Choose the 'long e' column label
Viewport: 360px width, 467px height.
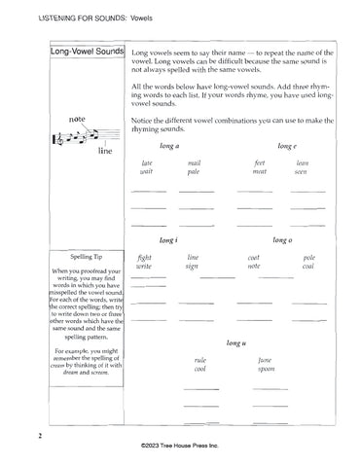pos(286,145)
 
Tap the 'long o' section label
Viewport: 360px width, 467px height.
pos(283,239)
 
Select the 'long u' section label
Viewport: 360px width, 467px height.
pos(234,343)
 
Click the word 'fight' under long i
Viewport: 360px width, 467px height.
pos(145,259)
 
